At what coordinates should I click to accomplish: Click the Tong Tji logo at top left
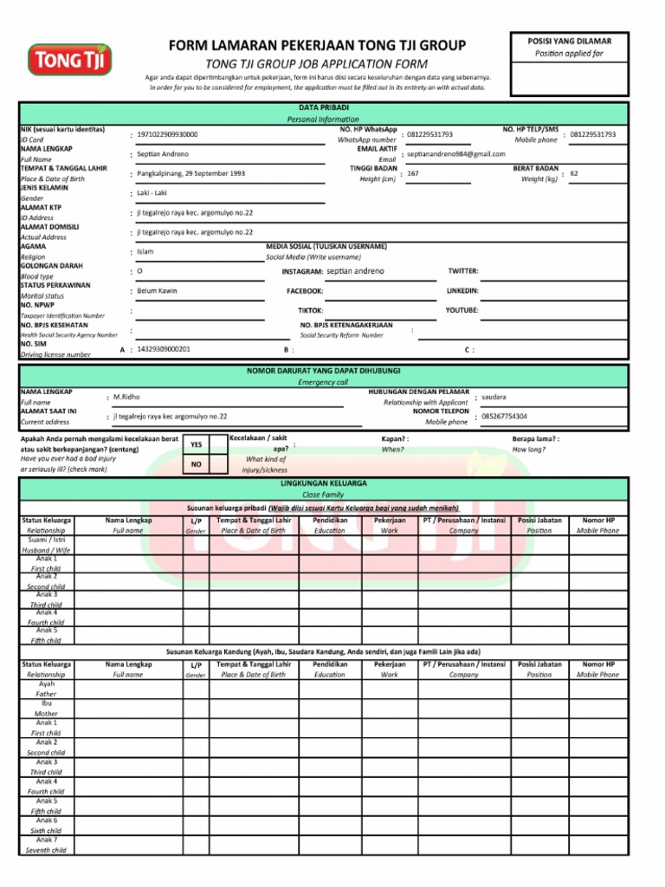[70, 59]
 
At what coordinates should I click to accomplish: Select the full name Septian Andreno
[163, 154]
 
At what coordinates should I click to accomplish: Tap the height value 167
[413, 174]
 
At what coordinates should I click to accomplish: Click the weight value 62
[574, 174]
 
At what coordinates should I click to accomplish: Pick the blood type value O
[140, 271]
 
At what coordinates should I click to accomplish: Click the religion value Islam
[145, 252]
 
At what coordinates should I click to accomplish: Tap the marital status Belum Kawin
[157, 291]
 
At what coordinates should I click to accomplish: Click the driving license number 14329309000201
[164, 349]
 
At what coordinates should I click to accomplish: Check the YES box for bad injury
[197, 444]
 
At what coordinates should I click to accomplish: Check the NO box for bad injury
[197, 465]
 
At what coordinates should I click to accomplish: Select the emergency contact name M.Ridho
[126, 397]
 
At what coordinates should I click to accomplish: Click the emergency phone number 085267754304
[504, 417]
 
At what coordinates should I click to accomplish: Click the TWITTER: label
[462, 271]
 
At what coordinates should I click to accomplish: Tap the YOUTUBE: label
[462, 310]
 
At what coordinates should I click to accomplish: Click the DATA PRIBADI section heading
[322, 107]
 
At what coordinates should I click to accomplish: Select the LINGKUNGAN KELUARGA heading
[322, 482]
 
